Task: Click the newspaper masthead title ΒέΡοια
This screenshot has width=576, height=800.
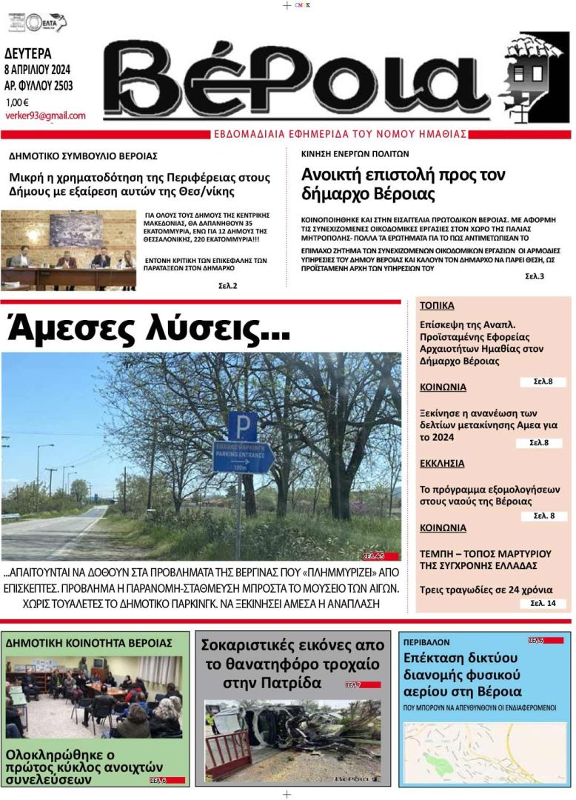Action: (296, 78)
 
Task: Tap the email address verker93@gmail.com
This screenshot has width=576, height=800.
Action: (45, 116)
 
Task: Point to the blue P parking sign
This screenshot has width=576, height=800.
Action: (242, 426)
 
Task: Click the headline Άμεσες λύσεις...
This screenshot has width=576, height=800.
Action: (148, 327)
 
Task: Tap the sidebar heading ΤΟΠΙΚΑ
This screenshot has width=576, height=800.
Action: (437, 305)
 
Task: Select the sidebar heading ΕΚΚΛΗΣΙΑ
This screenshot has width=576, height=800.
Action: (442, 463)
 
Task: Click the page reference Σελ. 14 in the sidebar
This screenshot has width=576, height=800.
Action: (548, 603)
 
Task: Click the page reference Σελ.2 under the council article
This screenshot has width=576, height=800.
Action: (228, 285)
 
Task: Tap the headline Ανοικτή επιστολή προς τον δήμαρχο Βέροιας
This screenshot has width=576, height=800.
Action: (403, 184)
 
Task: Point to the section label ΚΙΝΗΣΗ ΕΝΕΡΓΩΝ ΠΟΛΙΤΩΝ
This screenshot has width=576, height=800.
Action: (355, 154)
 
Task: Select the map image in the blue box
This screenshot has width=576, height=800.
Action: (484, 753)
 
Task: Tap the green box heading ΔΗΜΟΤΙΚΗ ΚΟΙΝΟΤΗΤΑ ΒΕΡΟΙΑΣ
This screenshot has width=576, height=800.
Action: (89, 642)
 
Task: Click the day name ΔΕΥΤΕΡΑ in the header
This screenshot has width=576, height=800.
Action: (28, 53)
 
